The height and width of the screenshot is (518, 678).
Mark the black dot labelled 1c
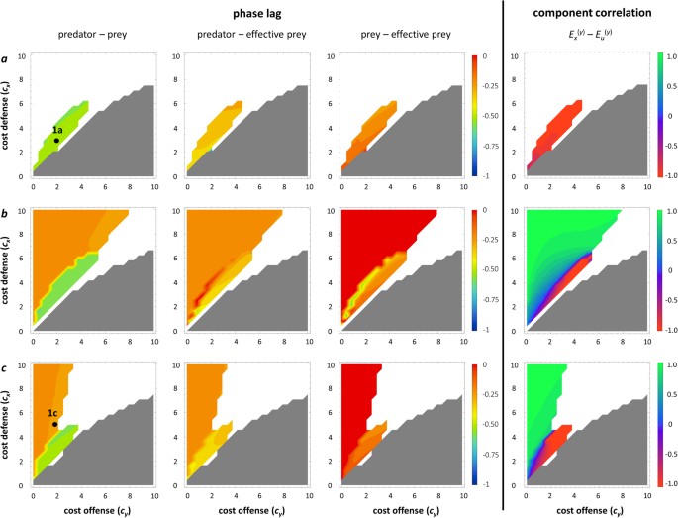click(x=55, y=424)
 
